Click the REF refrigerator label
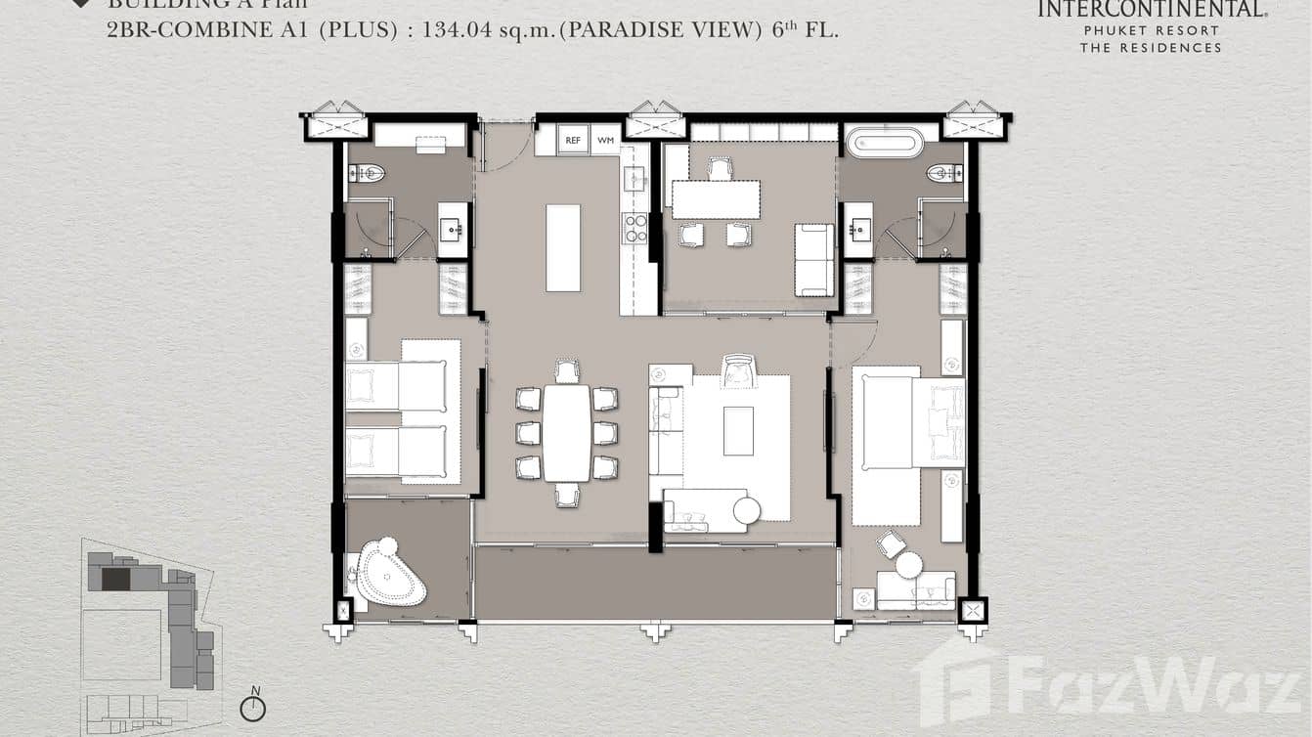coord(573,141)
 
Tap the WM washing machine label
coord(605,141)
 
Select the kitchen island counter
coord(563,247)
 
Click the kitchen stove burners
coord(635,229)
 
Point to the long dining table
coord(566,433)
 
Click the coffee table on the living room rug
coord(738,431)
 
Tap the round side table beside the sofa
coord(747,511)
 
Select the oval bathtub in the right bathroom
coord(885,143)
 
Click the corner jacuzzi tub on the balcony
coord(389,574)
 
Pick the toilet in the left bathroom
coord(368,174)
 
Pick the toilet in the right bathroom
coord(944,174)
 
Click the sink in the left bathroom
coord(453,231)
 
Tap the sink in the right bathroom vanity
coord(857,231)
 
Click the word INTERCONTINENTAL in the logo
coord(1151,10)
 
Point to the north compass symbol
coord(253,708)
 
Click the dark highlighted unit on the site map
coord(115,579)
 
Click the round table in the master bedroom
coord(909,565)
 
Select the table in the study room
coord(716,200)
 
